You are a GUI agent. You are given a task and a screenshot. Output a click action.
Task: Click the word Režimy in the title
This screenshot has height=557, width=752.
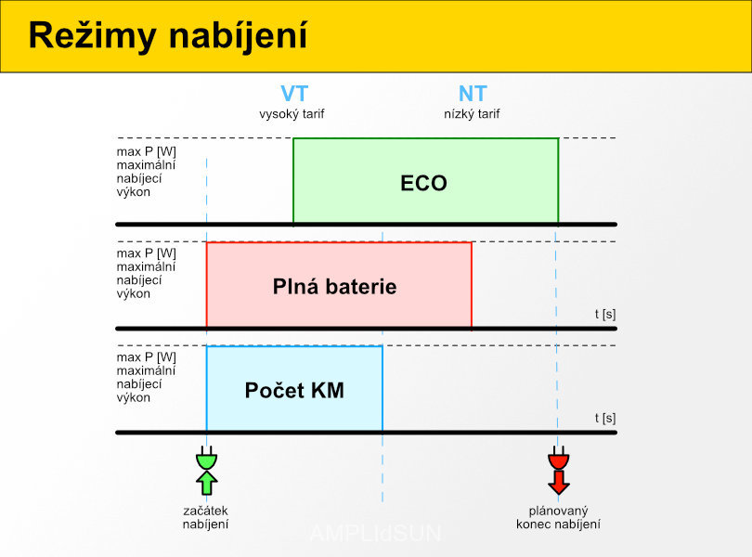93,36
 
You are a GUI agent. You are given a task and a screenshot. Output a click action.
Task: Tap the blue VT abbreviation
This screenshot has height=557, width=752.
294,94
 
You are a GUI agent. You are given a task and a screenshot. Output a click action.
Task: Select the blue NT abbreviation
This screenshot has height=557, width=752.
473,94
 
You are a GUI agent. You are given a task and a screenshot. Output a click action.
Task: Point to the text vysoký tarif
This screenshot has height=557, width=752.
292,114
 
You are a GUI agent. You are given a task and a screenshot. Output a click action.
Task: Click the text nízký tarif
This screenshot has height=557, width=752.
472,114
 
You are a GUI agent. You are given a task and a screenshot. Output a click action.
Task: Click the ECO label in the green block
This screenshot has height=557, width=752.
423,183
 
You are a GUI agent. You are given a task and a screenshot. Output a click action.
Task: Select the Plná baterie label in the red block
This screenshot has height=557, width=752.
335,287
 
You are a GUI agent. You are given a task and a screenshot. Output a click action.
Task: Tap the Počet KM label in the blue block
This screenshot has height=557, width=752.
294,390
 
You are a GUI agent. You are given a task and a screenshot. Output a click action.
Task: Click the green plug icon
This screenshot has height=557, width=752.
207,458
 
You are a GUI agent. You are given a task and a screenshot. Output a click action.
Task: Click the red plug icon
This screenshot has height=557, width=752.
559,458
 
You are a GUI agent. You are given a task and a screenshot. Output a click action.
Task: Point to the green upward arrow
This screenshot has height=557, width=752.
207,483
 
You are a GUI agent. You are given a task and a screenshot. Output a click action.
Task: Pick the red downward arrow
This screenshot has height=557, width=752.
559,483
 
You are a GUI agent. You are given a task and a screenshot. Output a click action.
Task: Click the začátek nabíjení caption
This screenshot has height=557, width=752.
206,517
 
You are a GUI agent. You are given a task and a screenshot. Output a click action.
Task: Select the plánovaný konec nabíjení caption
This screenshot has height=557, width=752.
558,517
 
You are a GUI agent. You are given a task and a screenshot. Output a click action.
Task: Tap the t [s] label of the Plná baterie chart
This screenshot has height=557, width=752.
605,315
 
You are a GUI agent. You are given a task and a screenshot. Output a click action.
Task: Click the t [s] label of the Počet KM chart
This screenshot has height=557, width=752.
605,418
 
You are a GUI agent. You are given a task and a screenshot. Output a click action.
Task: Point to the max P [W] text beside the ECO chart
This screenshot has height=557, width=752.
147,151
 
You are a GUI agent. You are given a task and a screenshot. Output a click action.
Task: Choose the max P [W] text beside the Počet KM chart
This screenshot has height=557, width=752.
147,356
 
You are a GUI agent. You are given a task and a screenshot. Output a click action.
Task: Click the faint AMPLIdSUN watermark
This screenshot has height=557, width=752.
375,533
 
